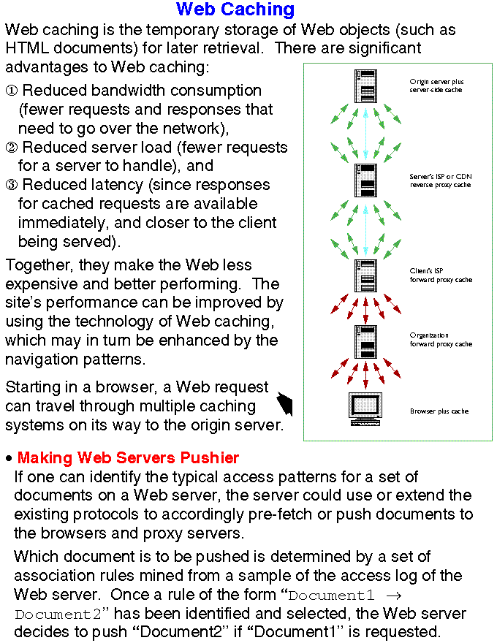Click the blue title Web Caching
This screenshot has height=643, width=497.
click(x=235, y=9)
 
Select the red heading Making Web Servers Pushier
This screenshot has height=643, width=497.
click(x=128, y=458)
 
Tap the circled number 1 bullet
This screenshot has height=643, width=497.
click(x=12, y=91)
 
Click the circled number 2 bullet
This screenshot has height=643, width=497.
click(x=12, y=148)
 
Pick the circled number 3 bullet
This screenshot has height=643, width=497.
click(x=12, y=185)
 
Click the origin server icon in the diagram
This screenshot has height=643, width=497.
click(x=365, y=85)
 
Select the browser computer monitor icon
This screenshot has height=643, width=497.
click(x=365, y=408)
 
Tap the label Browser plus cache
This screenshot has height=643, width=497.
click(x=439, y=411)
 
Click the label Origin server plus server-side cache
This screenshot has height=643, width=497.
click(x=436, y=85)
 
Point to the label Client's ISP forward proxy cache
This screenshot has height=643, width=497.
click(x=441, y=275)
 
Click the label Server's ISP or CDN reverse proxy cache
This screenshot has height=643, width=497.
click(x=440, y=180)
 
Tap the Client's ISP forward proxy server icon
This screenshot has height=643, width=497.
click(x=365, y=275)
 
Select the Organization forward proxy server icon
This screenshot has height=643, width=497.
click(x=365, y=340)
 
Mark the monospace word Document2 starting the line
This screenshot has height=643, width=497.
click(x=54, y=614)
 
